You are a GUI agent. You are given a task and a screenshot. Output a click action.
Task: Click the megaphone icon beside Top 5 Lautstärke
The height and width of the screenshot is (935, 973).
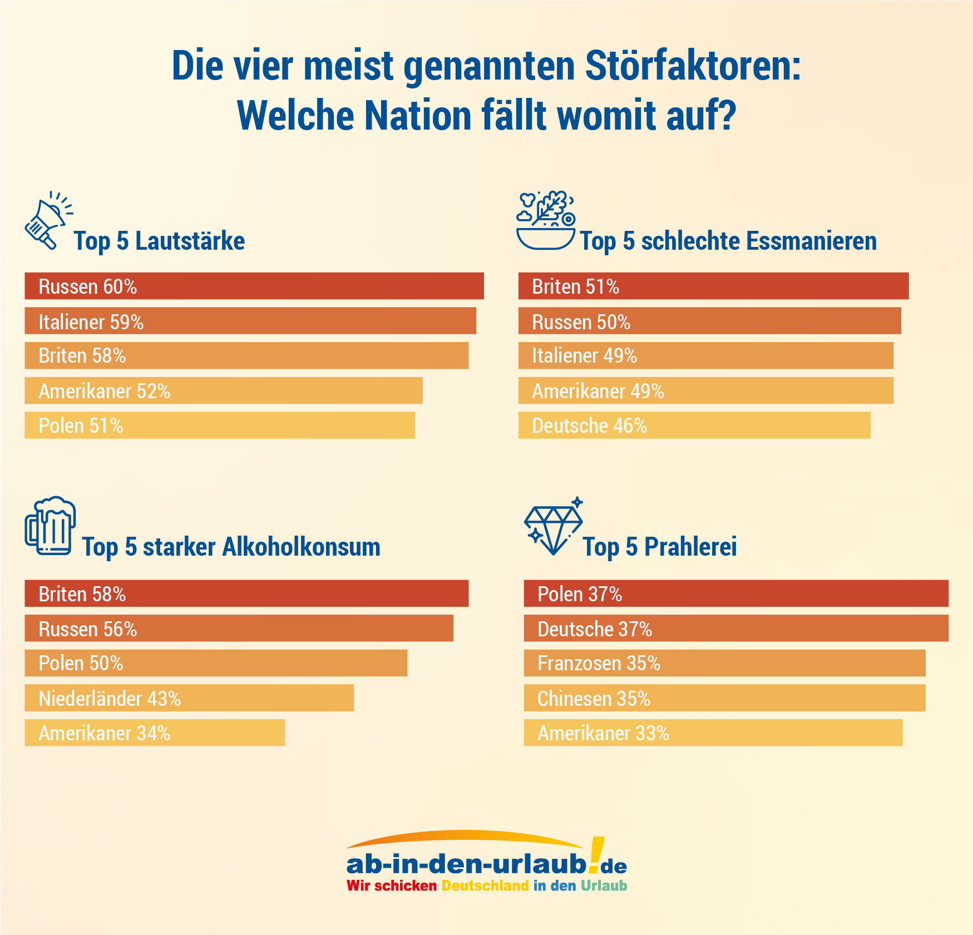click(x=47, y=221)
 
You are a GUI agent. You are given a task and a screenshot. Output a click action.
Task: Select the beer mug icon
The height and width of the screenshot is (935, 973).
click(x=50, y=526)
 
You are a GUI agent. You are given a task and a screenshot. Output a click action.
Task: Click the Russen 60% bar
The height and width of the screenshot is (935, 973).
click(x=254, y=286)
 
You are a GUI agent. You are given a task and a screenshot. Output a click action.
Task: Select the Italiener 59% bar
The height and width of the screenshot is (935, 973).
click(x=250, y=321)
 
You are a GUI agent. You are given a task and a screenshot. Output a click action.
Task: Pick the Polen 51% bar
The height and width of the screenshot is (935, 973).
click(x=220, y=426)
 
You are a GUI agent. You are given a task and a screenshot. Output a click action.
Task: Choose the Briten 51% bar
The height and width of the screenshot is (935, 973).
click(x=713, y=286)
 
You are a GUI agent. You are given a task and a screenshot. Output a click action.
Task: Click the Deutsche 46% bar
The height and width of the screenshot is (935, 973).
click(x=694, y=426)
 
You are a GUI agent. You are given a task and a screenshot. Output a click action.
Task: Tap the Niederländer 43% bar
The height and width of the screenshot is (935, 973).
click(x=189, y=698)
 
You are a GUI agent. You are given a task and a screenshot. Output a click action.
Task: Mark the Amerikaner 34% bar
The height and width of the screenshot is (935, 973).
click(x=155, y=733)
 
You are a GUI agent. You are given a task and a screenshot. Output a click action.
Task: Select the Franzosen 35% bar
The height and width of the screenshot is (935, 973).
click(x=724, y=663)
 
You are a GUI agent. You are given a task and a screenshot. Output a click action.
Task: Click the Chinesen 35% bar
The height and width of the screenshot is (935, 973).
click(x=724, y=698)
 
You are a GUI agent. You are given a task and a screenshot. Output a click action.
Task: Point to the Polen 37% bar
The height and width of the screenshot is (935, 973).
click(x=735, y=593)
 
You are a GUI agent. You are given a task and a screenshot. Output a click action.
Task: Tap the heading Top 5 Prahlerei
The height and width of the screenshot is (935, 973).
click(x=659, y=547)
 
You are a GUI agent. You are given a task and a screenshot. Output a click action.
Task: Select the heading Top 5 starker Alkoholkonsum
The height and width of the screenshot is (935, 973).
click(x=231, y=547)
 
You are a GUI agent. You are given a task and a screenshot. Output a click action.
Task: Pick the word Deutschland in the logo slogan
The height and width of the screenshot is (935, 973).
click(x=485, y=885)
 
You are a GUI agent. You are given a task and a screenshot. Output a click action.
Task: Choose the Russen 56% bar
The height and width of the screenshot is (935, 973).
click(x=239, y=629)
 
